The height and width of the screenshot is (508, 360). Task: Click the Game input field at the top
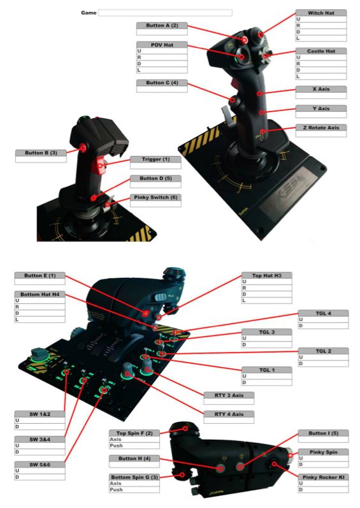[x=165, y=13]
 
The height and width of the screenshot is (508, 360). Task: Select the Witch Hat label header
[x=321, y=13]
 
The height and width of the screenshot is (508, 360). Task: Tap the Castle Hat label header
[x=321, y=51]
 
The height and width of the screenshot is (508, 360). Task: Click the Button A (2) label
[x=162, y=25]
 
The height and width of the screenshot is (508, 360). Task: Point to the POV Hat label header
[x=162, y=45]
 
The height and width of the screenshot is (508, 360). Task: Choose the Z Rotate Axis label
[x=321, y=127]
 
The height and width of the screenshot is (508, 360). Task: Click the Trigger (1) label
[x=155, y=159]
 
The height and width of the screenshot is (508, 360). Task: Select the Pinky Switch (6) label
[x=155, y=198]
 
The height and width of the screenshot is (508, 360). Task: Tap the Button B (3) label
[x=41, y=153]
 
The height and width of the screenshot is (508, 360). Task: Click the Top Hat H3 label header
[x=267, y=275]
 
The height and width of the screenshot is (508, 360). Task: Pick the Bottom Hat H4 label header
[x=40, y=294]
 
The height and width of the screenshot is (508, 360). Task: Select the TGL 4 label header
[x=323, y=314]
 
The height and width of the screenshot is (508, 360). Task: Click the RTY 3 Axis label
[x=229, y=395]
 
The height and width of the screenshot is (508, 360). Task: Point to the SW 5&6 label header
[x=40, y=465]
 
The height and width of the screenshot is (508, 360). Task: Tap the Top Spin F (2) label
[x=134, y=433]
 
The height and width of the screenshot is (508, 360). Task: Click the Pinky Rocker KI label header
[x=323, y=477]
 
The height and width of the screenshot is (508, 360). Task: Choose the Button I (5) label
[x=323, y=433]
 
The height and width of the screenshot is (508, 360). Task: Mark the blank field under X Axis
[x=321, y=96]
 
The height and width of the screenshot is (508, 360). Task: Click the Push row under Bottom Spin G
[x=134, y=490]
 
